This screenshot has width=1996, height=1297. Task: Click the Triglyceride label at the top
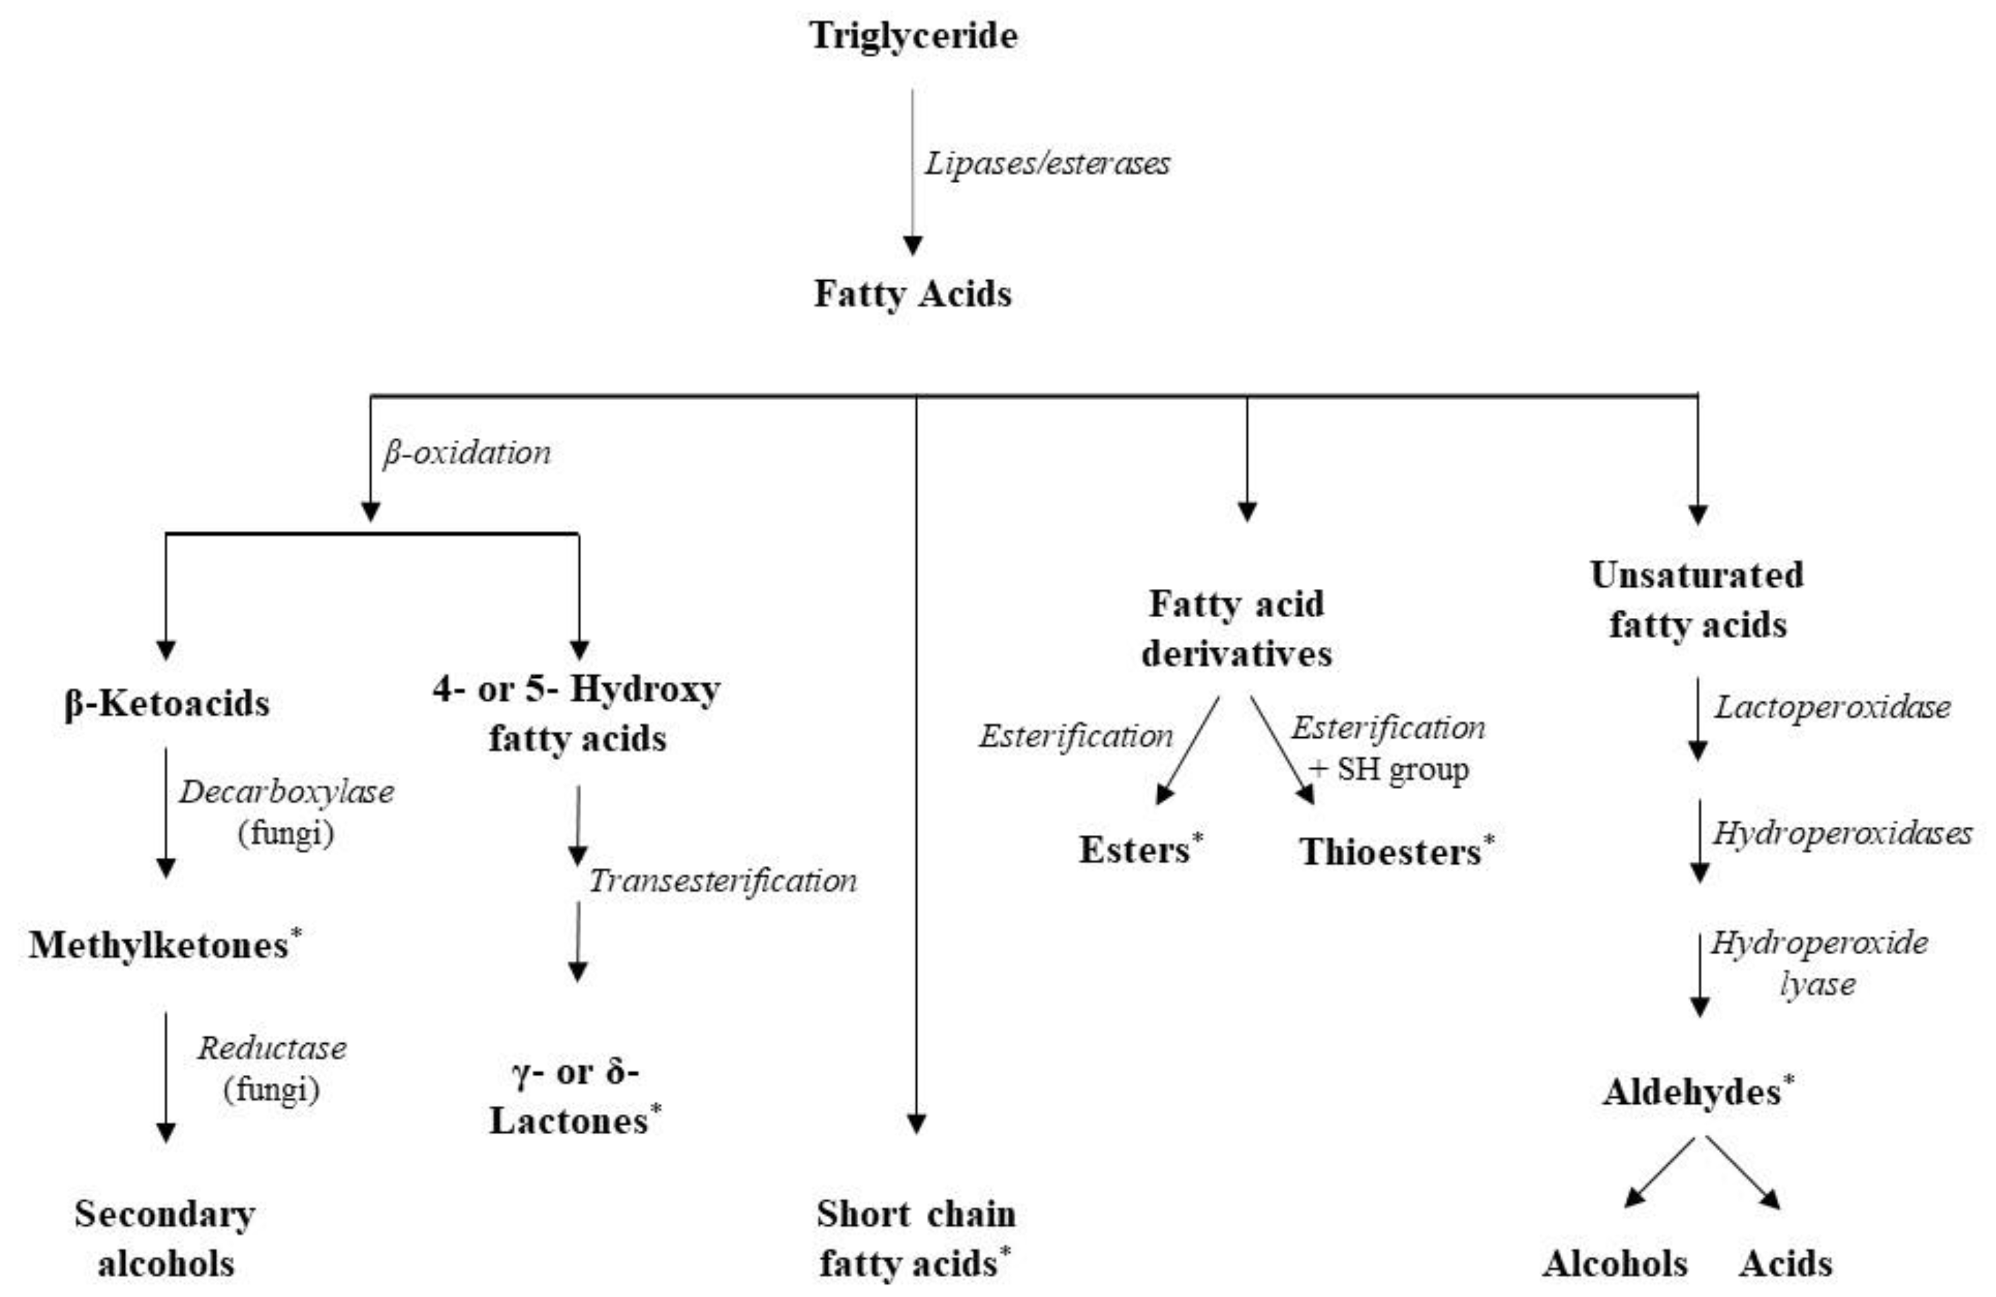pos(912,36)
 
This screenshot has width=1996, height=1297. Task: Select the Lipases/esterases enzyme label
pos(1047,163)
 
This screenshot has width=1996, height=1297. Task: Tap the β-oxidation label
pos(467,453)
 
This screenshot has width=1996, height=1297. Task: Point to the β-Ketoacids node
pos(167,703)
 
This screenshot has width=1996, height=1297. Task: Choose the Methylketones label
pos(160,945)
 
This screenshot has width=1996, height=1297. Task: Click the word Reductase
pos(272,1048)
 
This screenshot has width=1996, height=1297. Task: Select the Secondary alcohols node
pos(165,1238)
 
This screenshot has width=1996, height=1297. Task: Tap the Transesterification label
pos(722,880)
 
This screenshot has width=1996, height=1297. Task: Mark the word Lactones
pos(569,1121)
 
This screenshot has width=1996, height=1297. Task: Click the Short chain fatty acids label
pos(915,1238)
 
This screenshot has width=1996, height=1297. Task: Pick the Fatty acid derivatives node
pos(1236,629)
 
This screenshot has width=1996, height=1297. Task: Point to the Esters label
pos(1134,850)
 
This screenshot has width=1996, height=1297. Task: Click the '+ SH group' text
pos(1389,769)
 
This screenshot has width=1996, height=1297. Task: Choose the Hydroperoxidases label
pos(1841,833)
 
